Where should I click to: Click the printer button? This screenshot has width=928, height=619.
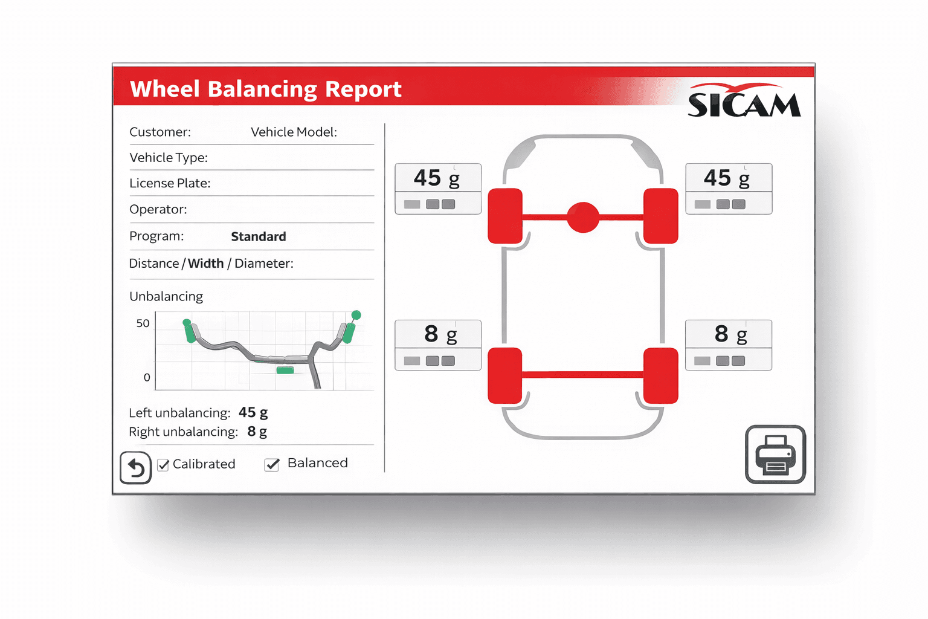775,455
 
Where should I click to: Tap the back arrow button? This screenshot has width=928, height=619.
135,468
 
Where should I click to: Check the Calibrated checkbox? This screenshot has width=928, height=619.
163,465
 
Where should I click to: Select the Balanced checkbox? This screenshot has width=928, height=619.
272,464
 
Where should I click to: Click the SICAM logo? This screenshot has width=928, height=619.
744,102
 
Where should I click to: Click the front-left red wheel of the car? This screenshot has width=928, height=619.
505,216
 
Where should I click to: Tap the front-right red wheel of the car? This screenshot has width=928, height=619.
660,216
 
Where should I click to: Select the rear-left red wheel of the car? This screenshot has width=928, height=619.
505,375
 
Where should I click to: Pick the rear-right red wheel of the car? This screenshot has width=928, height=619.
660,375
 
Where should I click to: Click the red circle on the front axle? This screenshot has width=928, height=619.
583,217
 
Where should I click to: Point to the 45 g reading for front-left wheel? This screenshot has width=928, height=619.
437,178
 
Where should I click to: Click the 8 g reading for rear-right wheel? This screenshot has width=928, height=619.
730,334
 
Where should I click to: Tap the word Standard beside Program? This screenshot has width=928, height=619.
259,236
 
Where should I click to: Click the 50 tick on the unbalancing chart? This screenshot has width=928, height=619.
143,323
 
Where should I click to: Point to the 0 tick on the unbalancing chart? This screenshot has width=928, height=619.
147,378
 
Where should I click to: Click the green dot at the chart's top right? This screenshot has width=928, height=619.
356,315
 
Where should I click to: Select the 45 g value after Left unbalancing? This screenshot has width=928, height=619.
253,413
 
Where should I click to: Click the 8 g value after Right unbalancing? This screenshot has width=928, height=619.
257,432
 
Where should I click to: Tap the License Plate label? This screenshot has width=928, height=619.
170,183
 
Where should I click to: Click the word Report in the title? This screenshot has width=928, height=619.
363,89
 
